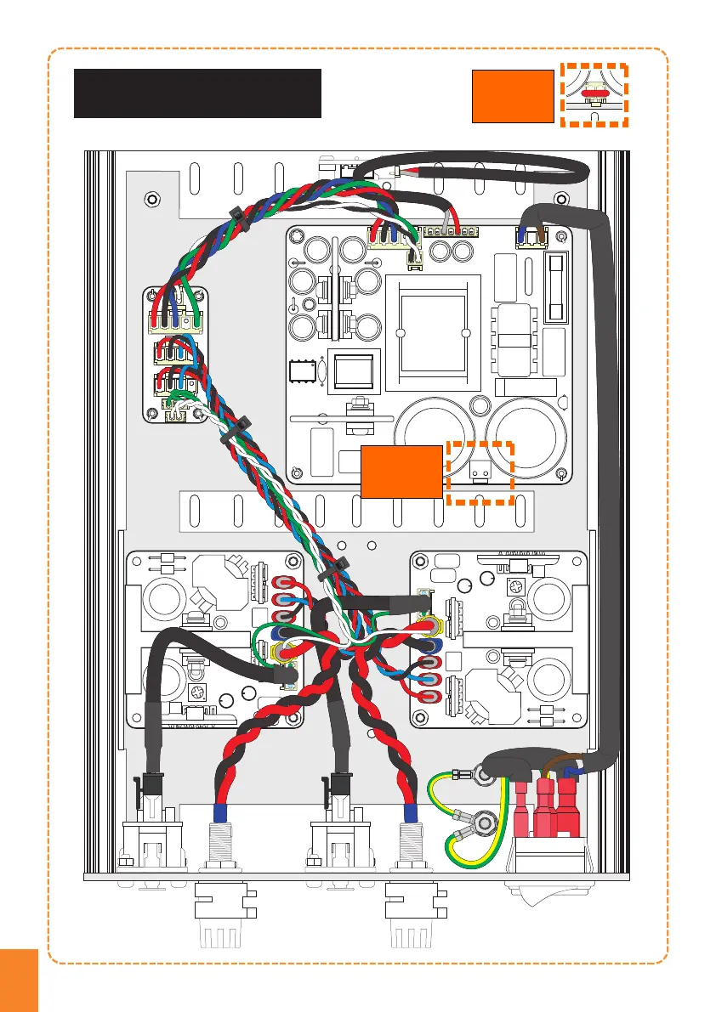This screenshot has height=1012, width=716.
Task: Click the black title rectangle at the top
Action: pos(197,93)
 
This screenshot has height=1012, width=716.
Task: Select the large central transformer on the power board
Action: pos(434,329)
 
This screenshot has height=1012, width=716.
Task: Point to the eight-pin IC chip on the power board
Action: pos(300,373)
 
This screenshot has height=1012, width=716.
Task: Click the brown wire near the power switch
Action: pos(568,759)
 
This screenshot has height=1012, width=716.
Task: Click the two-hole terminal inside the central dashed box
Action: pos(478,467)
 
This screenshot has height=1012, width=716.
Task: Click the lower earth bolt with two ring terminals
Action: pos(486,822)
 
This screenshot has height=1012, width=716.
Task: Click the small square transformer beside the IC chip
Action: pos(351,370)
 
